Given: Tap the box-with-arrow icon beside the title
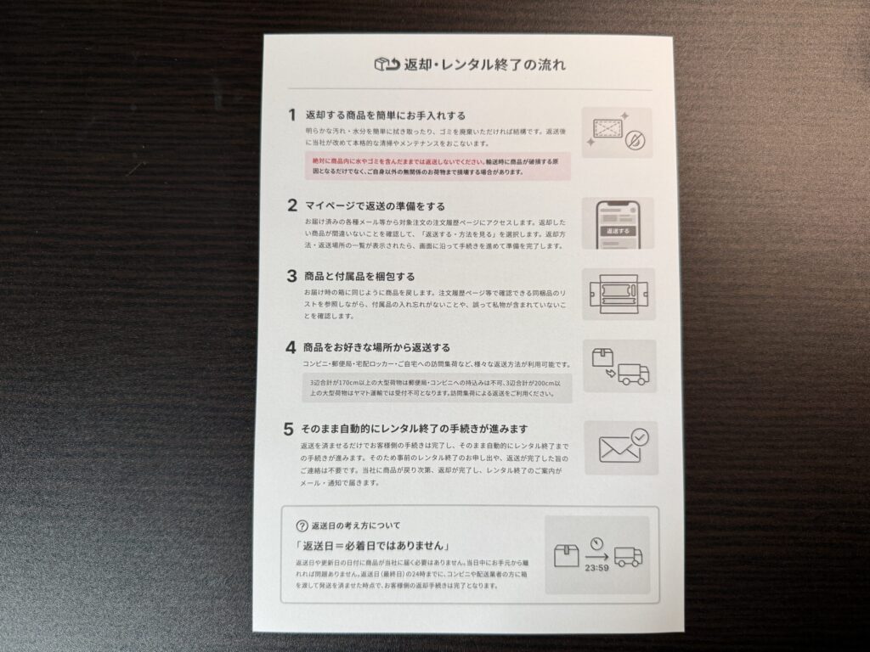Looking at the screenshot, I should (387, 65).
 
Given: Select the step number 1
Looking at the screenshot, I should (291, 115).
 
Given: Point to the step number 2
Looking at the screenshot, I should (291, 205).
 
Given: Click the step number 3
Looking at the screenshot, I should (291, 276).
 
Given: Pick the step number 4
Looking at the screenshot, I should (291, 348).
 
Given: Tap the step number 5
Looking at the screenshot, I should (290, 429).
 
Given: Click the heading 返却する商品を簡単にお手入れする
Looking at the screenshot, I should (386, 115).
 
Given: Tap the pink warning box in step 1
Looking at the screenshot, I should (438, 165).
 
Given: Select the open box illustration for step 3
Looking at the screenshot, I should (619, 295).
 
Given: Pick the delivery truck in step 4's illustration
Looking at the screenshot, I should (633, 374).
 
